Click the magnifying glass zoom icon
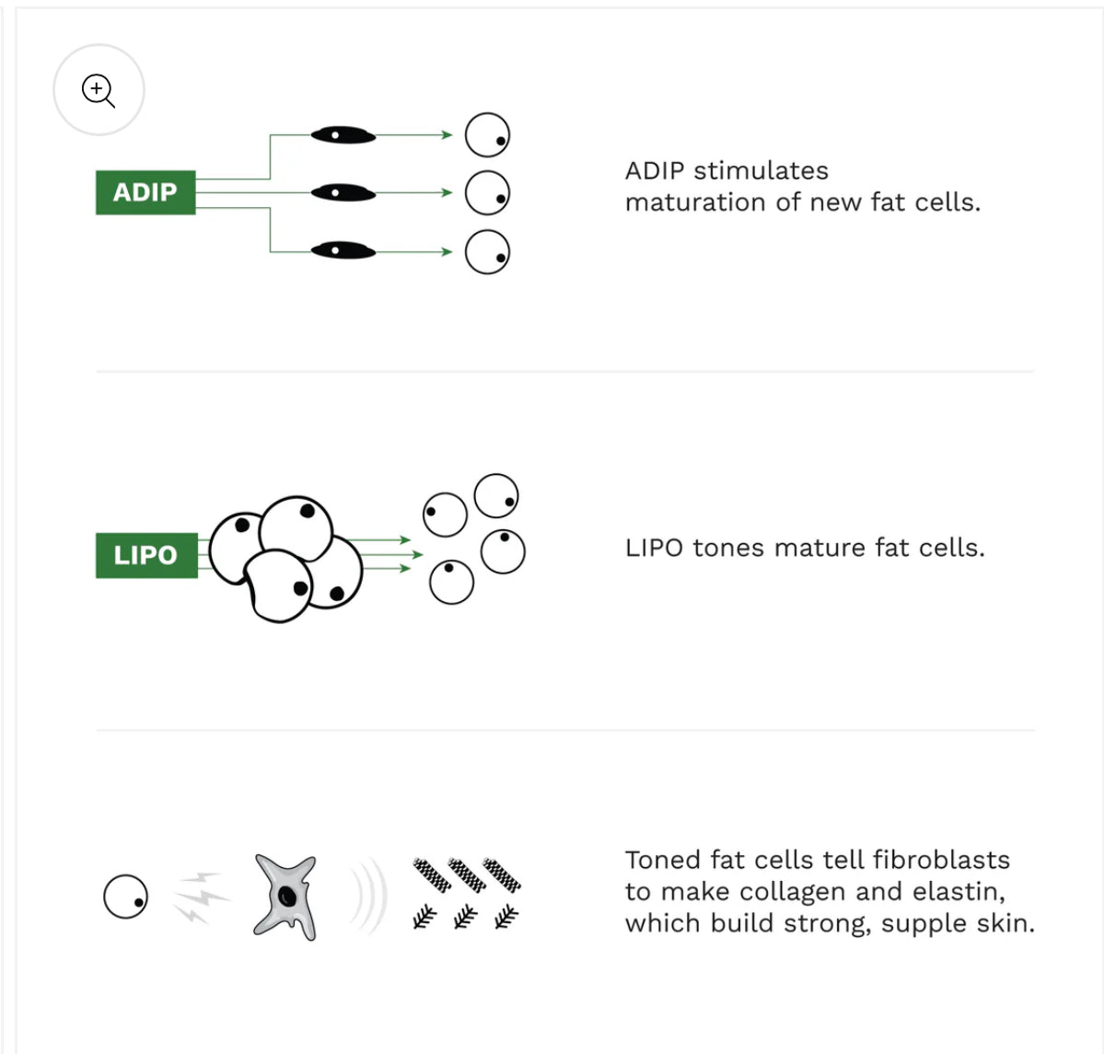[x=99, y=90]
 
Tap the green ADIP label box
[x=145, y=192]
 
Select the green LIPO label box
[x=146, y=555]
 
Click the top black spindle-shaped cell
[x=343, y=134]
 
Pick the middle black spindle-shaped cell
[x=343, y=192]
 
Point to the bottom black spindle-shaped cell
[x=343, y=250]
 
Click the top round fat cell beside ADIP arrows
[x=487, y=134]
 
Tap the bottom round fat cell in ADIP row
[x=487, y=251]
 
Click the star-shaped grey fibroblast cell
[x=285, y=897]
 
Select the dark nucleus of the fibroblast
[x=286, y=896]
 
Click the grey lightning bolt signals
[x=201, y=897]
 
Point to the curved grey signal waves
[x=370, y=897]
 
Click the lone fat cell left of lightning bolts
[x=125, y=897]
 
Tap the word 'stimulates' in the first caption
[x=761, y=170]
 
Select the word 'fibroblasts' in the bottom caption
[x=941, y=860]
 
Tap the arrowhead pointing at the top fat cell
[x=447, y=134]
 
